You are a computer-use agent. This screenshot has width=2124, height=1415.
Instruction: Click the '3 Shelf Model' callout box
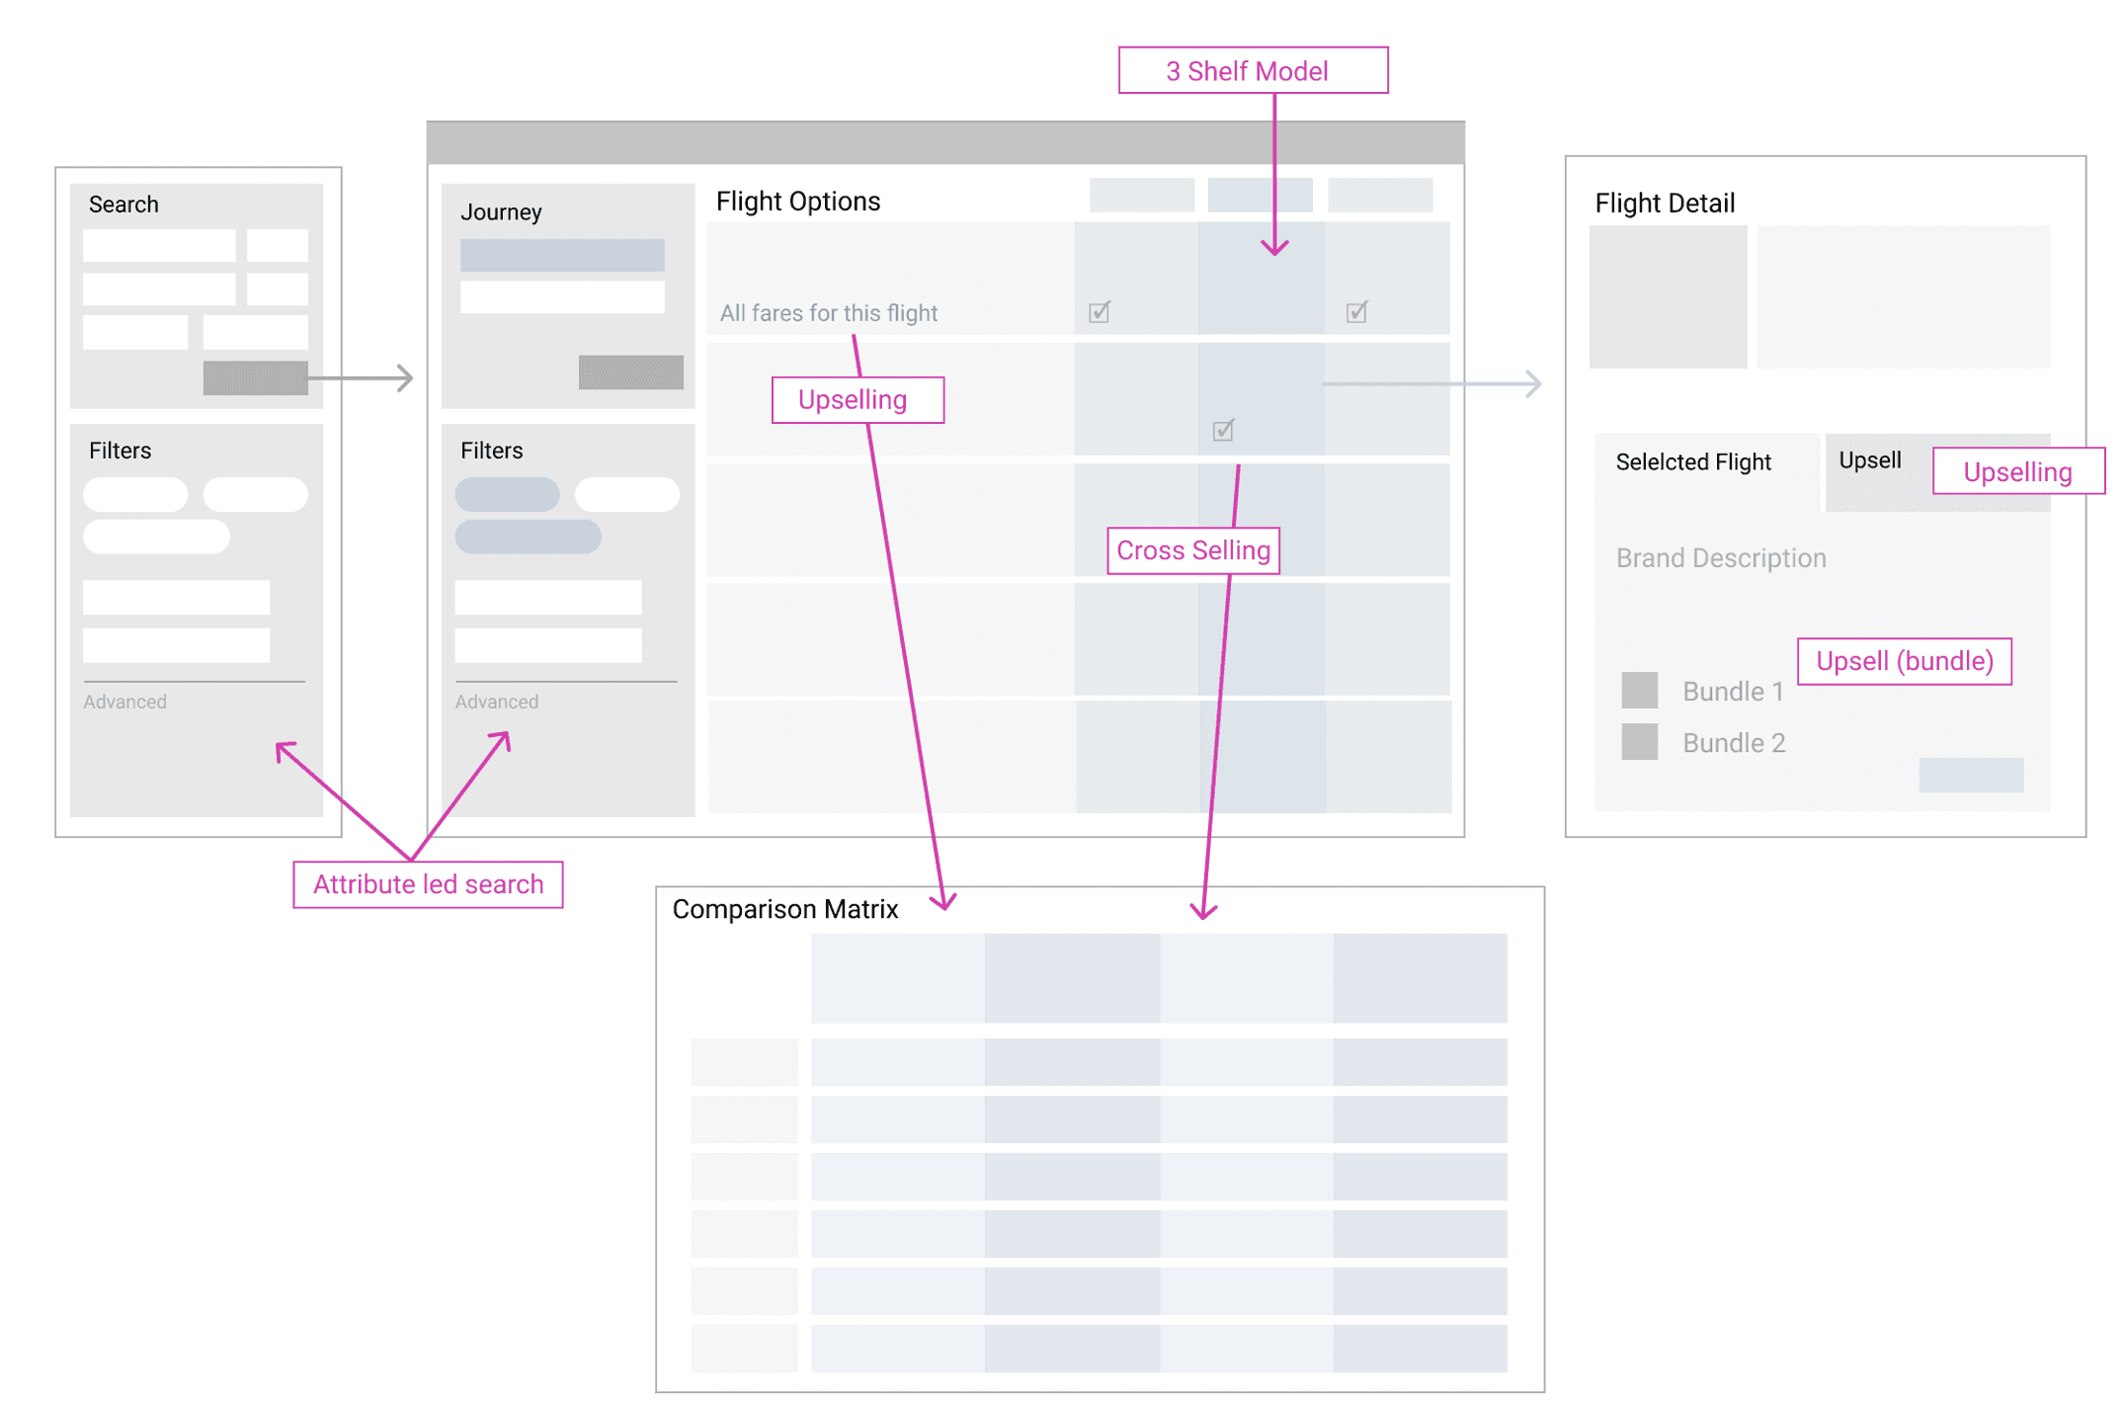coord(1252,70)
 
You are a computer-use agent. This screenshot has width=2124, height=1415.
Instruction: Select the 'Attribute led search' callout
coord(428,883)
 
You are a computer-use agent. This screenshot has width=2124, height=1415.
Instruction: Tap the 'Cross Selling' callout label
coord(1192,550)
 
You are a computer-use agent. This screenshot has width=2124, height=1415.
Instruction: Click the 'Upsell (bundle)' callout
coord(1904,661)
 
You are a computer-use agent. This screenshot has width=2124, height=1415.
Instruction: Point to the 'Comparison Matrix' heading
coord(784,909)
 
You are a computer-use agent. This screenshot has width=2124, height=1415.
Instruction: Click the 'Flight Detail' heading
coord(1665,203)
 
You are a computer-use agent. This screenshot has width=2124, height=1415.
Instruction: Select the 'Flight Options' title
coord(797,201)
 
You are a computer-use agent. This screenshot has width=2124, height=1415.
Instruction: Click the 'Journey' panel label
coord(501,212)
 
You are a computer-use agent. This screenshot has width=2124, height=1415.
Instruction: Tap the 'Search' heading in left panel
coord(123,205)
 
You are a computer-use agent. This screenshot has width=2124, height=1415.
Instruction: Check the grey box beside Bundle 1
coord(1639,690)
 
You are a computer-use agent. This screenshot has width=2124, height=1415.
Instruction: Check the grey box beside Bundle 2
coord(1639,741)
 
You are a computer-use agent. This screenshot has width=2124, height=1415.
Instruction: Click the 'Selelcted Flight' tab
coord(1693,461)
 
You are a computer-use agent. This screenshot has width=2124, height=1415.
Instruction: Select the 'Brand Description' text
coord(1720,558)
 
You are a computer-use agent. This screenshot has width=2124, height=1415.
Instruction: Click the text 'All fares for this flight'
coord(828,313)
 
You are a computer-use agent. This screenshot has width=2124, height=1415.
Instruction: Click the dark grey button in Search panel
coord(255,377)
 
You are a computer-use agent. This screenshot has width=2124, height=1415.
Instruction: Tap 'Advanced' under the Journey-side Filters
coord(496,702)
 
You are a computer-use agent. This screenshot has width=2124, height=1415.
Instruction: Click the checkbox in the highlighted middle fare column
coord(1223,430)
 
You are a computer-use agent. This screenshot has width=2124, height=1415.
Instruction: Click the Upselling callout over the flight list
coord(857,400)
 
